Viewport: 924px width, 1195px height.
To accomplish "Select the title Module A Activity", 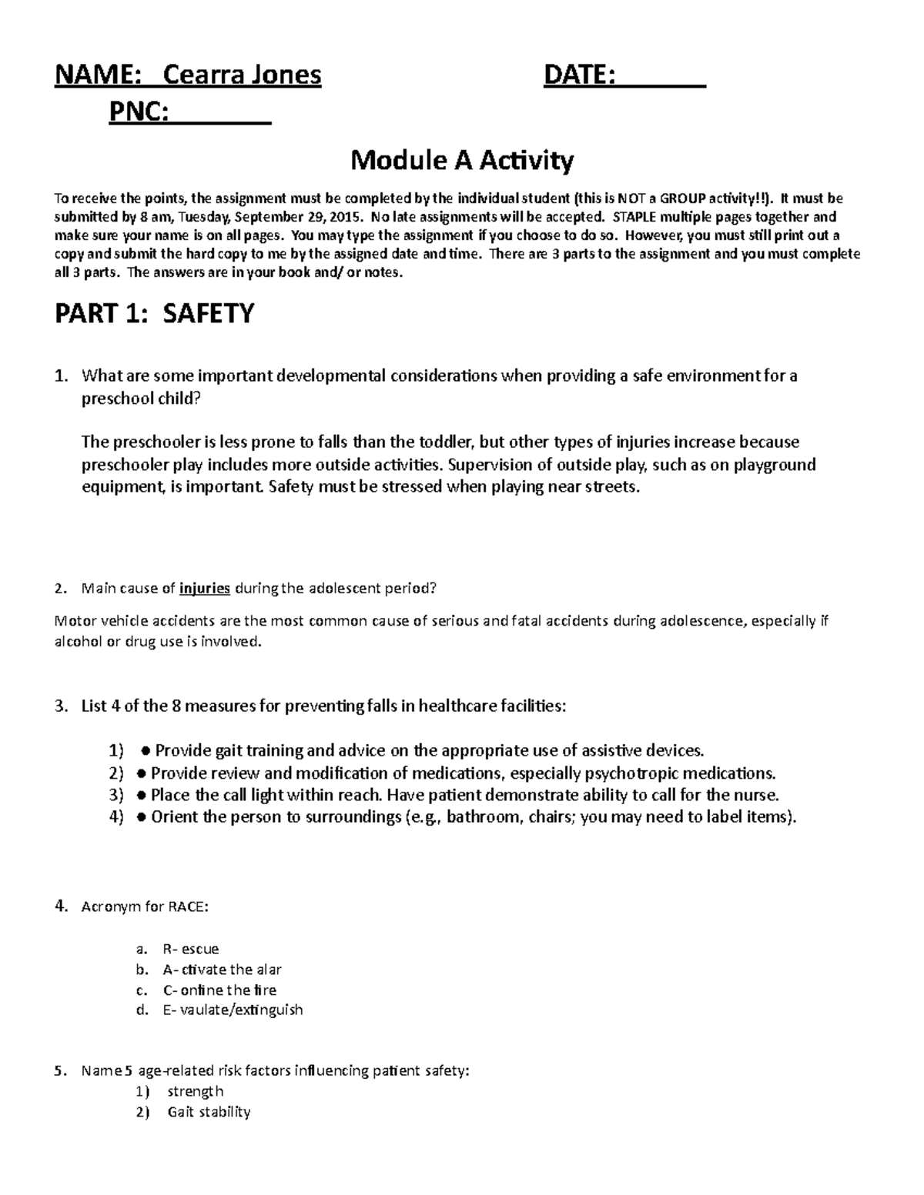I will click(462, 161).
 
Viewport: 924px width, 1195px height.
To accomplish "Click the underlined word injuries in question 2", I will click(205, 589).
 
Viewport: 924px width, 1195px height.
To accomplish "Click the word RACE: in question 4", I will click(188, 906).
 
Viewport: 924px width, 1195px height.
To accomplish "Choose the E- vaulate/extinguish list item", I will click(233, 1010).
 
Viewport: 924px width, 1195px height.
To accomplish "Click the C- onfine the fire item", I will click(219, 990).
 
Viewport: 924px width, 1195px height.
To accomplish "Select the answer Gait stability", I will click(209, 1112).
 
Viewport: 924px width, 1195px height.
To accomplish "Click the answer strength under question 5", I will click(195, 1091).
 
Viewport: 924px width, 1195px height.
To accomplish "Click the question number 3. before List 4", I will click(62, 706).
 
